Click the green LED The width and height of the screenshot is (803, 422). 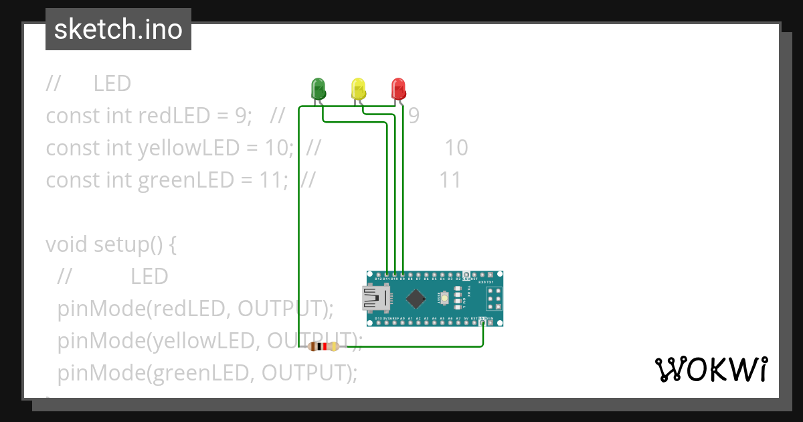pos(318,88)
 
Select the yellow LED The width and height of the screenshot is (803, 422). pos(359,88)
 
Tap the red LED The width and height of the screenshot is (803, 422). pos(398,88)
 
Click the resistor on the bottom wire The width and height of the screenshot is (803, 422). pos(323,346)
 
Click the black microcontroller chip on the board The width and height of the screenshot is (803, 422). pos(416,298)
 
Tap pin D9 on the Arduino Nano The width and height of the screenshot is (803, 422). pos(403,275)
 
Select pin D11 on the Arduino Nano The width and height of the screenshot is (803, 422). pos(387,275)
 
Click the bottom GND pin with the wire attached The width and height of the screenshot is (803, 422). pos(482,322)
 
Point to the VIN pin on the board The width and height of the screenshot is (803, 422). pos(490,322)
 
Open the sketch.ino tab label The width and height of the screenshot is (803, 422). pos(118,29)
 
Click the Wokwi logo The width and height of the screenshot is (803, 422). pos(711,369)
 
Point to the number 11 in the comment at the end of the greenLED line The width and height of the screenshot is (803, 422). pos(450,180)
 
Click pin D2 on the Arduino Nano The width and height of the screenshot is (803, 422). pos(458,275)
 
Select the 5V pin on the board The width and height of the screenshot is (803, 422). pos(466,322)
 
